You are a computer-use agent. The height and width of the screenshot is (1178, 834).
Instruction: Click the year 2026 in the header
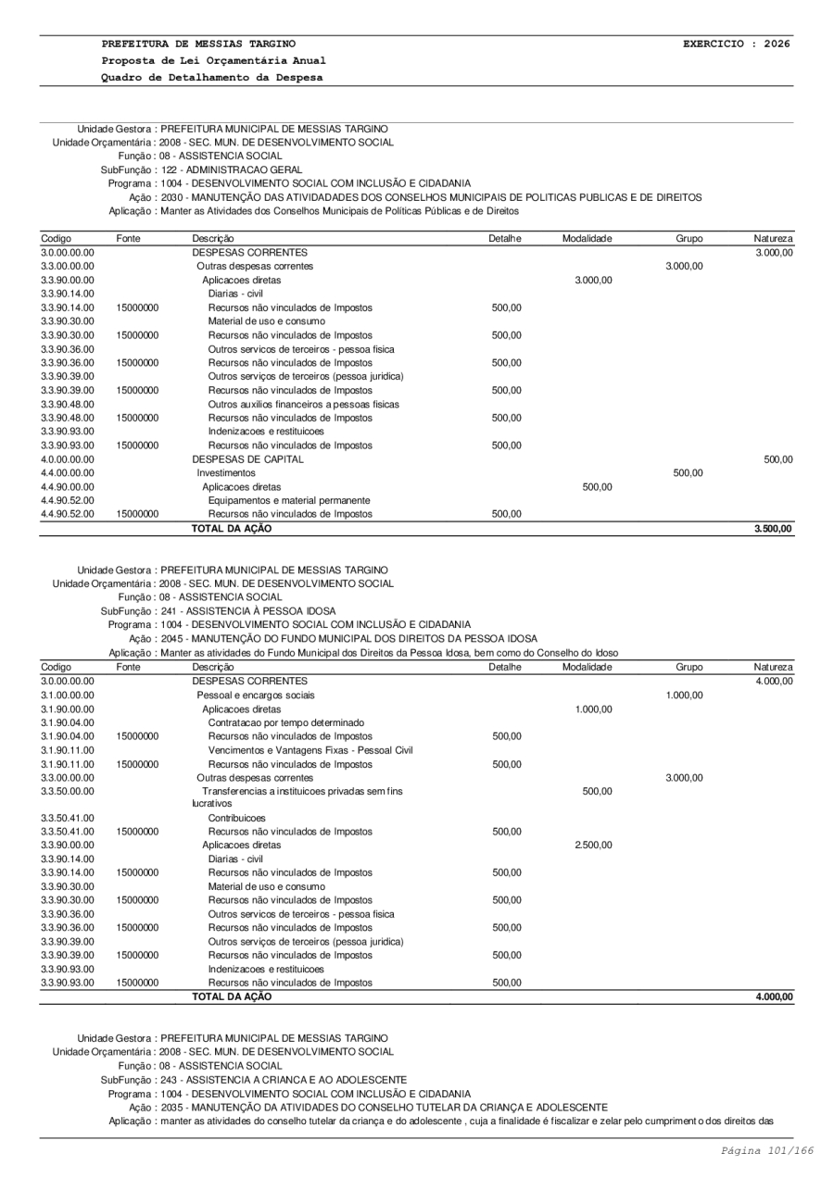click(776, 44)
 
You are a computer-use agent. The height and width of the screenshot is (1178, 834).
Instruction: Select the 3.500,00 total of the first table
click(773, 529)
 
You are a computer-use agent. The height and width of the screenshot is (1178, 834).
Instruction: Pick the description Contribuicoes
click(236, 819)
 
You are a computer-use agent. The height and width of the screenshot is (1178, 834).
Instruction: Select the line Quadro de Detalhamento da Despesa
click(212, 77)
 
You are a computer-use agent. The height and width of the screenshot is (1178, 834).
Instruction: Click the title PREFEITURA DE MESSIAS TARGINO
click(199, 44)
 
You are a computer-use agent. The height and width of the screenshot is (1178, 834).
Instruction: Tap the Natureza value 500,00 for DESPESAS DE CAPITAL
click(777, 459)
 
